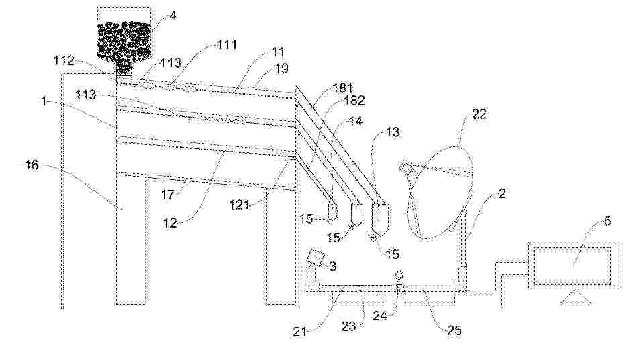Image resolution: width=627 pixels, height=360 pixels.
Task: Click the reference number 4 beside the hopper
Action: (173, 16)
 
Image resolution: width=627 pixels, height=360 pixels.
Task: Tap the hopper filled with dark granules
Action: (124, 40)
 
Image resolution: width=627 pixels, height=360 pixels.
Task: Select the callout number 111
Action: (226, 44)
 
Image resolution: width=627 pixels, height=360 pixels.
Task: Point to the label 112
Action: (64, 60)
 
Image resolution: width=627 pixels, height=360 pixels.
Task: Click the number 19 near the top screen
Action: (281, 69)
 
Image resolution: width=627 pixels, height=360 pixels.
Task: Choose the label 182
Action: (354, 100)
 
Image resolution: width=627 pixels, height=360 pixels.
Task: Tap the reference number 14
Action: (356, 120)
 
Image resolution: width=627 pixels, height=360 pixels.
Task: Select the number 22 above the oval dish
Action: (479, 114)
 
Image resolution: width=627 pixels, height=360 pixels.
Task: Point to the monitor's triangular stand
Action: (576, 298)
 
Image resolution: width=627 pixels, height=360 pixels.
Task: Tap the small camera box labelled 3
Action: (316, 257)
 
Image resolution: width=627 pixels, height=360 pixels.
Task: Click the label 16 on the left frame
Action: (32, 165)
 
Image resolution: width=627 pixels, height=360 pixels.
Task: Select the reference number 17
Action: (168, 195)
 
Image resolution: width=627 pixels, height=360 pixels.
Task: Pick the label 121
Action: (240, 205)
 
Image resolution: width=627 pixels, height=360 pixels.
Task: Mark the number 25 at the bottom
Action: (453, 330)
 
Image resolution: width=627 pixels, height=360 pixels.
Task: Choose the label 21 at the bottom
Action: (300, 332)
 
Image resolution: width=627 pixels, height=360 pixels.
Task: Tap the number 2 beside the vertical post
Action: (502, 193)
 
